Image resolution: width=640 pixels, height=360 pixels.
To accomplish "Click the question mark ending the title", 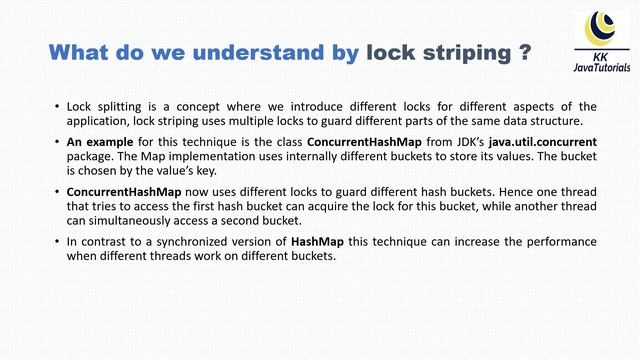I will (524, 52).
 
